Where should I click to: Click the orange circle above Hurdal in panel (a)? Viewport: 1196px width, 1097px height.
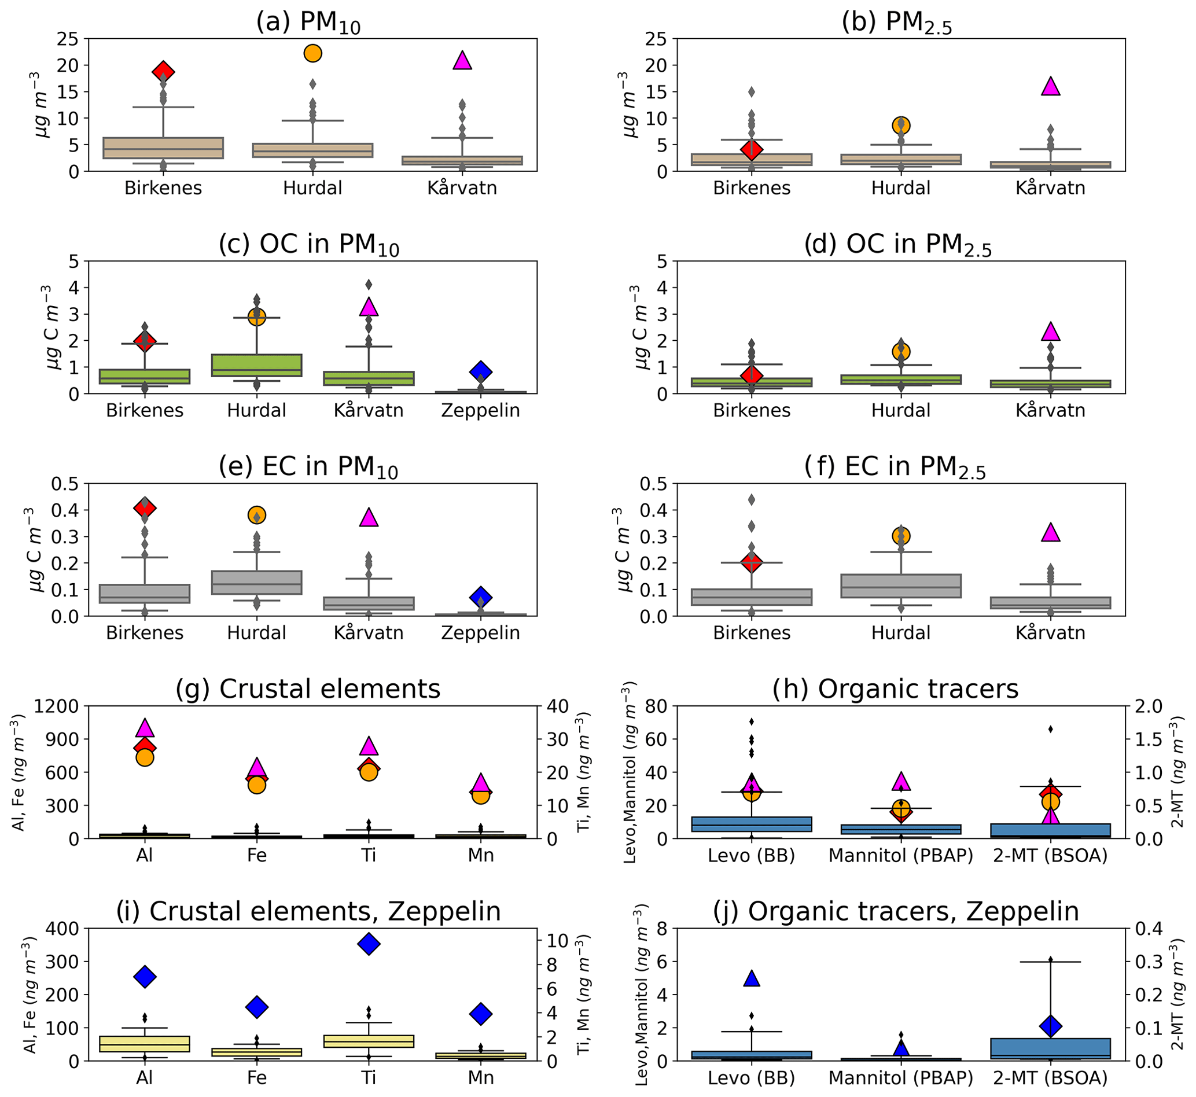[x=313, y=53]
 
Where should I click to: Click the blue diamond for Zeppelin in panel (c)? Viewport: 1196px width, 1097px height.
[x=481, y=372]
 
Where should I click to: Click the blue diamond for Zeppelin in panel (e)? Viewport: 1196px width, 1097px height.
[x=481, y=597]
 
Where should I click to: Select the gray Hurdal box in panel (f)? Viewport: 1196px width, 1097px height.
[x=901, y=586]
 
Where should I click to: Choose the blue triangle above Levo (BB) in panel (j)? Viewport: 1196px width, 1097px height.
[x=752, y=979]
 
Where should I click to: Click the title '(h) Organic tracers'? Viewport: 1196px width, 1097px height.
[x=895, y=689]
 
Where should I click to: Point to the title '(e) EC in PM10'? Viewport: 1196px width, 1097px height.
[x=308, y=467]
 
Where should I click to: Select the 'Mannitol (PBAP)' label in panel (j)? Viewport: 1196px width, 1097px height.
[x=900, y=1077]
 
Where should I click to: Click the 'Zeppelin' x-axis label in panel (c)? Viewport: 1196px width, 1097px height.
[x=480, y=410]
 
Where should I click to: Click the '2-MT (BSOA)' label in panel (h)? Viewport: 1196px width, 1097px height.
[x=1050, y=855]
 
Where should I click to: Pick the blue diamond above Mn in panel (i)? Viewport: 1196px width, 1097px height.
[x=481, y=1014]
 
